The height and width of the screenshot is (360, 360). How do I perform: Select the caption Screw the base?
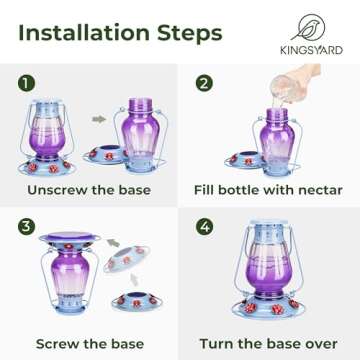coord(89,343)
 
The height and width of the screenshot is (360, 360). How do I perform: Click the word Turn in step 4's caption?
coord(221,343)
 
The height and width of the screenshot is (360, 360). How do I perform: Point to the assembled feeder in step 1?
coord(48,135)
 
